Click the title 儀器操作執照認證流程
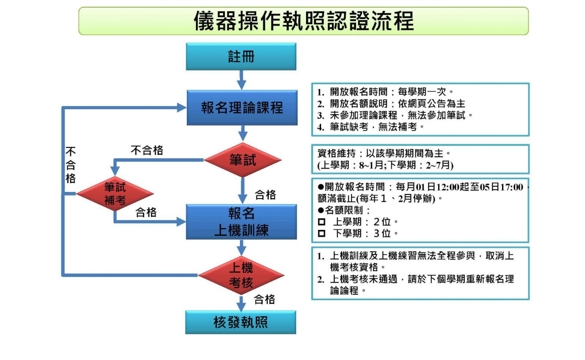303,21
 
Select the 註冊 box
241,57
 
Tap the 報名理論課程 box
242,108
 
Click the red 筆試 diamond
243,160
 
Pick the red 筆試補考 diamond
115,194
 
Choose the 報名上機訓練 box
241,222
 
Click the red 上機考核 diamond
241,275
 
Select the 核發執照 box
241,322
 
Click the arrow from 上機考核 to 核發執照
241,302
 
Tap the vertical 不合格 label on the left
70,165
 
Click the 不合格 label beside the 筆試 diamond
147,151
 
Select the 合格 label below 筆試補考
146,212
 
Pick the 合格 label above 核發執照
264,299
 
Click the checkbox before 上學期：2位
322,222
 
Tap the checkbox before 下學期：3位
322,234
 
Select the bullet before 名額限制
321,210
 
